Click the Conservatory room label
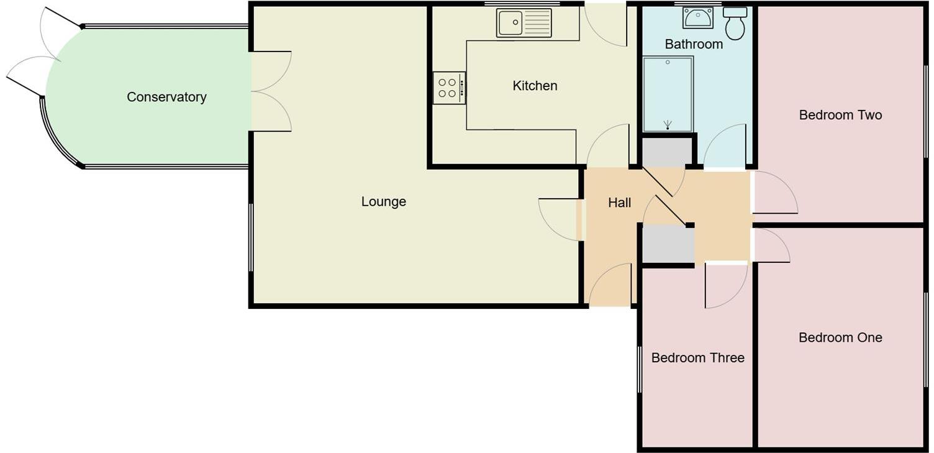(166, 97)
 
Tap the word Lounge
(383, 201)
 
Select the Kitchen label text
(535, 86)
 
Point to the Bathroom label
(694, 44)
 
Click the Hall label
(619, 203)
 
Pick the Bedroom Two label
(840, 115)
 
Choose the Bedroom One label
(840, 337)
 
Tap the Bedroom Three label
(697, 358)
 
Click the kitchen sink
(524, 23)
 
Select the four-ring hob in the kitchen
(449, 88)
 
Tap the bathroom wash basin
(697, 18)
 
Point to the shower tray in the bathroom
(668, 94)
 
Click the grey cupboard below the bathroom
(666, 152)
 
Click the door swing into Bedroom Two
(773, 194)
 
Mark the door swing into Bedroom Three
(725, 286)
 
